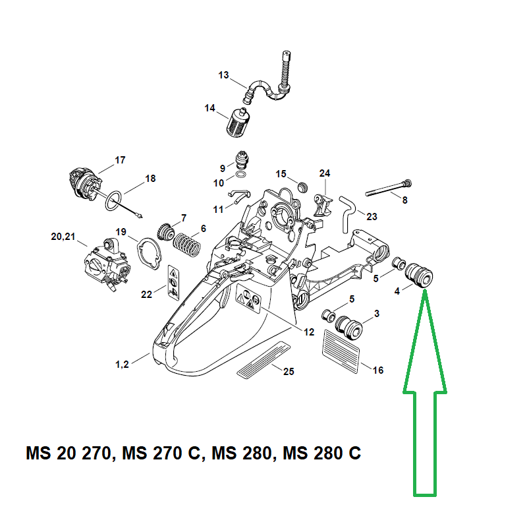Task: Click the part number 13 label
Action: click(x=223, y=75)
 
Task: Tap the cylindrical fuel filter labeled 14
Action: click(x=238, y=123)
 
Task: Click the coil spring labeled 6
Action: click(x=187, y=245)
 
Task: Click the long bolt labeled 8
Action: click(x=389, y=189)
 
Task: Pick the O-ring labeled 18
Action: click(x=113, y=201)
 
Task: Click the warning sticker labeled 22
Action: click(x=173, y=283)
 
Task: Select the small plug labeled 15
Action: click(x=303, y=187)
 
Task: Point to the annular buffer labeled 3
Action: click(x=349, y=328)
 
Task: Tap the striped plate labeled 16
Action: click(x=341, y=351)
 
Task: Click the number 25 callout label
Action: click(x=289, y=371)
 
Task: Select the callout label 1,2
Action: click(x=122, y=365)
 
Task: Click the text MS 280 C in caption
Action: click(x=321, y=453)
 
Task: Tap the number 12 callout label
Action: click(x=309, y=332)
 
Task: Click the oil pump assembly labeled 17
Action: click(x=86, y=185)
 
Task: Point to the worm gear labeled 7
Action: click(x=166, y=232)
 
